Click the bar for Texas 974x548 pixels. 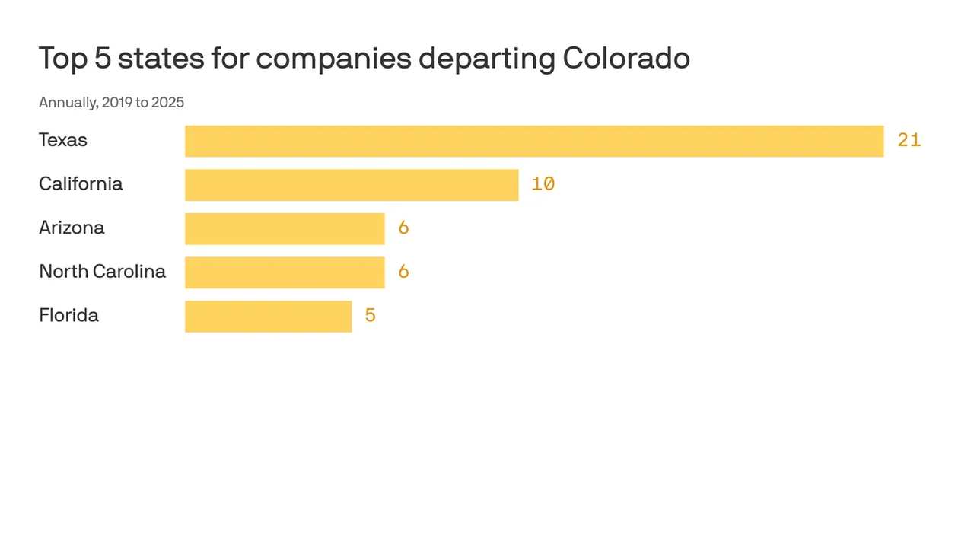point(534,141)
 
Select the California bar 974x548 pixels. point(352,185)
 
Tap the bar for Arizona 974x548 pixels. point(285,228)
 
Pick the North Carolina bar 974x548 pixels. point(285,272)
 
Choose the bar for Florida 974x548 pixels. point(268,316)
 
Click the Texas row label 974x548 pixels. point(63,140)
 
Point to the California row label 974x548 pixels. point(81,184)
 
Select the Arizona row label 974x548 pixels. point(72,228)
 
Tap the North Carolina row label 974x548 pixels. point(102,272)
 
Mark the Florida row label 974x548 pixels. point(68,315)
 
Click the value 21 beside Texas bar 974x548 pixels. point(909,140)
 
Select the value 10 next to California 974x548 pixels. point(543,184)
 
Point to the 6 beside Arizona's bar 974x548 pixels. point(403,228)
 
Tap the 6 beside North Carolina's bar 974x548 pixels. point(403,272)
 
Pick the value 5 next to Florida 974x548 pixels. point(370,315)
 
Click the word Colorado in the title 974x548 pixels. point(626,59)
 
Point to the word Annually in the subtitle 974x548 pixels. point(67,103)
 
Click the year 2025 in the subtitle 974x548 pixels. point(167,103)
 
